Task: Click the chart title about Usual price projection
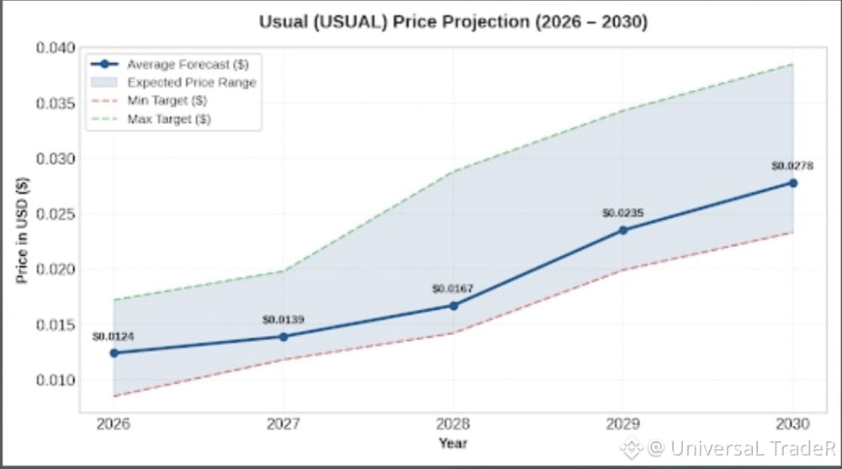(453, 22)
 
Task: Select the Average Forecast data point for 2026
(114, 353)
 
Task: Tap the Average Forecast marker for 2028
(453, 306)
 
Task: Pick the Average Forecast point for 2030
(792, 184)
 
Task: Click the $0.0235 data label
(623, 213)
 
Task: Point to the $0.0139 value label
(283, 320)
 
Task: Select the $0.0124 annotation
(114, 336)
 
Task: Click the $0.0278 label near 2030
(792, 166)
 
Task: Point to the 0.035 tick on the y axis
(56, 104)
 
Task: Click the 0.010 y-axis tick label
(56, 380)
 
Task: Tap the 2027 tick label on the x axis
(283, 424)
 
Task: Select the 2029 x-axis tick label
(623, 424)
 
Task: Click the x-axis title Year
(453, 443)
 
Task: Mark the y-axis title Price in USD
(22, 231)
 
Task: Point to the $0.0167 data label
(453, 289)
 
